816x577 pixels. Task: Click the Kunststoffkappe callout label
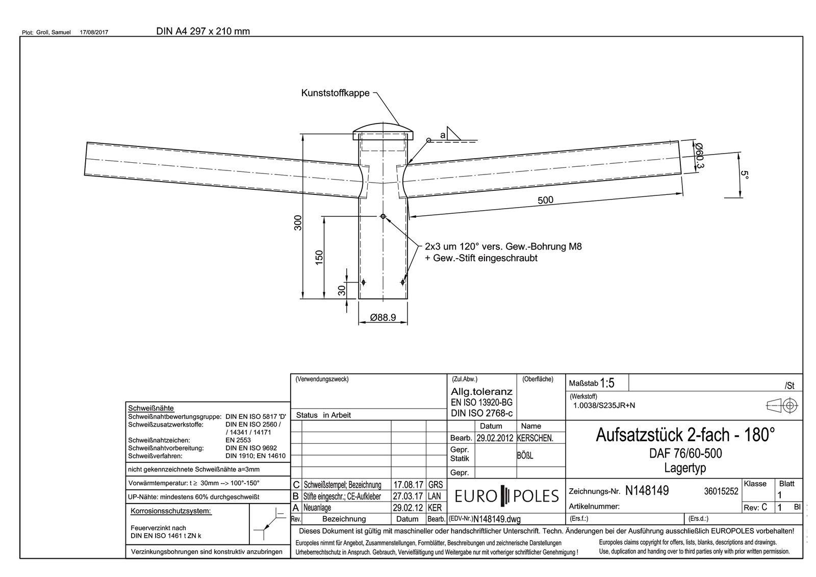[335, 93]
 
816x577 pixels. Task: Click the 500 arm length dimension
[545, 200]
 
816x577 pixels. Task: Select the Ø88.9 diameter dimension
[383, 317]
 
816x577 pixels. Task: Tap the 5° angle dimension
[745, 174]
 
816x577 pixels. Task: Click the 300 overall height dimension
[298, 222]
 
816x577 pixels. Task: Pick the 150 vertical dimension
[319, 257]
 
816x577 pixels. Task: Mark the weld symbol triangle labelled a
[451, 133]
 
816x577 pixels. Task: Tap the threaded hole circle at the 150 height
[383, 216]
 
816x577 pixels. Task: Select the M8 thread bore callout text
[503, 252]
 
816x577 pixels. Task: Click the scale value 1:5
[607, 383]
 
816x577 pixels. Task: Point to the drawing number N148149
[647, 491]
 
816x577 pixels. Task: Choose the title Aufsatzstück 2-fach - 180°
[685, 435]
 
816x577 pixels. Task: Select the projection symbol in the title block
[782, 406]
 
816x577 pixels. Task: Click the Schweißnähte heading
[151, 408]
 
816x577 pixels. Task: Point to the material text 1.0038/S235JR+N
[604, 406]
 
